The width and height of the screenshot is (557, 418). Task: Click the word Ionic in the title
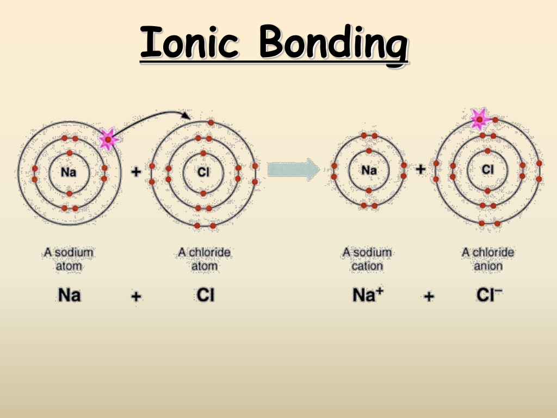coord(189,42)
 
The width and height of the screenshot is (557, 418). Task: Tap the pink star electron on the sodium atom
coord(108,139)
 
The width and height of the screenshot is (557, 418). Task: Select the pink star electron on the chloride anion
coord(480,119)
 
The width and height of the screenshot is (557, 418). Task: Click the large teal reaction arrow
coord(293,170)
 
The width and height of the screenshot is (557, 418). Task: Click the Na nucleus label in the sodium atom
coord(69,173)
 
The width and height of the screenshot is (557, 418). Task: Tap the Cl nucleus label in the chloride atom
coord(203,173)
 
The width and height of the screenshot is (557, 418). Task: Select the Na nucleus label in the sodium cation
coord(369,170)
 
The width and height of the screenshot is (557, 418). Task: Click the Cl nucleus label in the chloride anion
coord(488,170)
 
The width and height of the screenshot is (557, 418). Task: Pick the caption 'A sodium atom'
coord(69,259)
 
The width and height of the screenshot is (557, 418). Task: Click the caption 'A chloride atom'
coord(205,259)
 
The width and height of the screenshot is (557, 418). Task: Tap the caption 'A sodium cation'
coord(367,259)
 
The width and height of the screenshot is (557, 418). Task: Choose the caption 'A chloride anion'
coord(488,259)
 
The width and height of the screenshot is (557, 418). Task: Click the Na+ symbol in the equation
coord(368,294)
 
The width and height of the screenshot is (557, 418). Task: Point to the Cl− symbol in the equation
coord(489,294)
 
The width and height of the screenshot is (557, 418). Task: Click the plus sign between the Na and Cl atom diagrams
coord(136,172)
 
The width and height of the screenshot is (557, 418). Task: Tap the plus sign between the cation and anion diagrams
coord(420,169)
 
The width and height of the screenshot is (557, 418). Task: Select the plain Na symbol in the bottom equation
coord(69,295)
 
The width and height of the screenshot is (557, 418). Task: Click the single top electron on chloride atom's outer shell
coord(211,122)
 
